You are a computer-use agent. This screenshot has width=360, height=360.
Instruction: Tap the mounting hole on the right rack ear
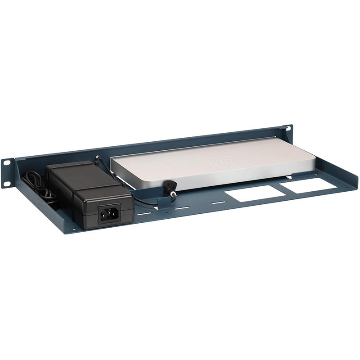[x=285, y=130]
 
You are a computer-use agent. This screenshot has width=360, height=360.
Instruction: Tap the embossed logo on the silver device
[x=222, y=161]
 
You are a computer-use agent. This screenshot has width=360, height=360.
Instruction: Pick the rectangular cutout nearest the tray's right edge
[x=310, y=184]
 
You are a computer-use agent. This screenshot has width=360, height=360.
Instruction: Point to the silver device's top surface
[x=202, y=157]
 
